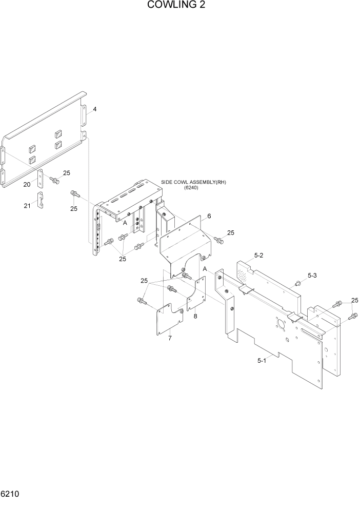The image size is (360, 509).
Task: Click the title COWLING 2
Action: click(x=179, y=6)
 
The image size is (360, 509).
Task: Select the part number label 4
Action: click(x=94, y=110)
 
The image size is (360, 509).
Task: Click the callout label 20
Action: click(x=27, y=184)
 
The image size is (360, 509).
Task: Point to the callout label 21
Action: click(x=27, y=206)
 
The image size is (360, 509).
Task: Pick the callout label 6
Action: click(x=209, y=216)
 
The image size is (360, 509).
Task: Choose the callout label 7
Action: click(x=169, y=338)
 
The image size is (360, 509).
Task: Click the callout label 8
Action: click(x=195, y=317)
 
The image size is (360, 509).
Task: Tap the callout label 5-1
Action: click(x=262, y=361)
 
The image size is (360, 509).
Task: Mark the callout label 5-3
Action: click(x=312, y=276)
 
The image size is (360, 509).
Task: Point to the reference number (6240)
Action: click(x=191, y=188)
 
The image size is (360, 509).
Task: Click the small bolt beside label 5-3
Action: click(x=298, y=283)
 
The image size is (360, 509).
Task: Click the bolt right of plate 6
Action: click(x=218, y=240)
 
